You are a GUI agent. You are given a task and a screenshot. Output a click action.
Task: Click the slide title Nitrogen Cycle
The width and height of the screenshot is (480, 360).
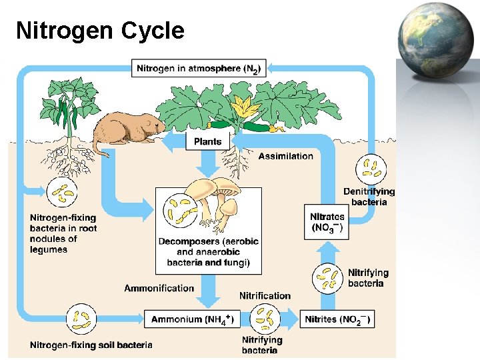tap(100, 31)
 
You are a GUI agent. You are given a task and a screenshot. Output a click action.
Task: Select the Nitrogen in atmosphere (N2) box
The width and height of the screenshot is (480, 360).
tap(198, 68)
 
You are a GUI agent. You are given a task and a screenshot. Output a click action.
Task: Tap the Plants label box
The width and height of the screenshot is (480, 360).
tap(207, 141)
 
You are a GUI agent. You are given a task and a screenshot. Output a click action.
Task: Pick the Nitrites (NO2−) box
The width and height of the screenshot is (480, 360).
tap(337, 319)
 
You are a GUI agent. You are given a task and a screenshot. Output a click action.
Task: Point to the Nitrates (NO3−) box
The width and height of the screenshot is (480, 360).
tap(327, 222)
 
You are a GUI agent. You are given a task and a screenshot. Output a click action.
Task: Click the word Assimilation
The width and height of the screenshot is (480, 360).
tap(285, 156)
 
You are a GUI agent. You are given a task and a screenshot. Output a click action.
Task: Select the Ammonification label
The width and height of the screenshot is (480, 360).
tap(159, 288)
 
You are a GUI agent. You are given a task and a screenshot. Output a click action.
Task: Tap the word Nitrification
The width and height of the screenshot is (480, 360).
tap(265, 295)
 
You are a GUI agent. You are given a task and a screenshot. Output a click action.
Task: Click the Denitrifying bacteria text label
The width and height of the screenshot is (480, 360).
tap(369, 197)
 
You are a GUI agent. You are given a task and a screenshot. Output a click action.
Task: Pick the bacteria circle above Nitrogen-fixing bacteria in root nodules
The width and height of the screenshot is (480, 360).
tap(64, 194)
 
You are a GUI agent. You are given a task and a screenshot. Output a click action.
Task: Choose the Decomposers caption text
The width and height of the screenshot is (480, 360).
tap(208, 252)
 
